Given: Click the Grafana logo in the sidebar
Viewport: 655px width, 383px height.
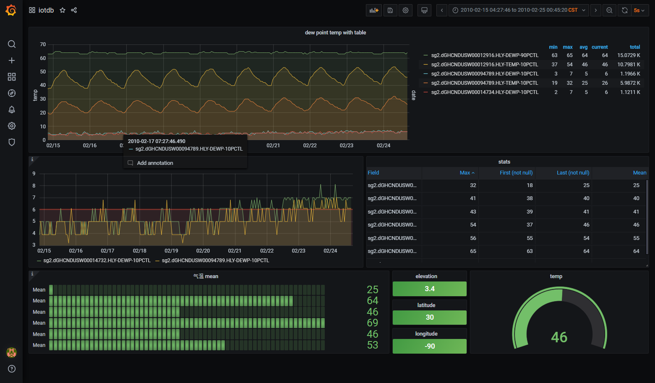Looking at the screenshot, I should coord(11,10).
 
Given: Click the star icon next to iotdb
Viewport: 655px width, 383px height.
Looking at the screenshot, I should coord(63,10).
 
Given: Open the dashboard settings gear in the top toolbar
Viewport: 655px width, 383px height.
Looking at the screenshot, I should coord(405,10).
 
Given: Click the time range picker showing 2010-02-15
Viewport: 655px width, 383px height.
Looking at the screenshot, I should coord(519,10).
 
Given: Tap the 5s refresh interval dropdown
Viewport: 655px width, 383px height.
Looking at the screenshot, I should coord(639,10).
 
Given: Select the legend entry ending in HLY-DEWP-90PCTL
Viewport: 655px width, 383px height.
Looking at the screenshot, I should coord(484,55).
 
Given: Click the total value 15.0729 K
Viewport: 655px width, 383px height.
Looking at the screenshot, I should coord(629,55).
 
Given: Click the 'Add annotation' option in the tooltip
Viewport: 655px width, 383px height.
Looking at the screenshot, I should coord(155,163).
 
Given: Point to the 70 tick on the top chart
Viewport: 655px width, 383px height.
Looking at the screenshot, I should coord(43,44).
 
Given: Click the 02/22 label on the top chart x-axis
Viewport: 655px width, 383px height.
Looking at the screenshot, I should coord(310,146).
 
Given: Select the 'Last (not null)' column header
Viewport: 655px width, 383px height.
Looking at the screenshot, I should coord(573,173).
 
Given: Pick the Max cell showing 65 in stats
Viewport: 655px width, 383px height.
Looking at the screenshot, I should coord(473,251).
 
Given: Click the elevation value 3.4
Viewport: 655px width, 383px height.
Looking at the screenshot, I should coord(429,289).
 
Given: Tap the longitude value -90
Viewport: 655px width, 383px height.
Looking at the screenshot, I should coord(429,347).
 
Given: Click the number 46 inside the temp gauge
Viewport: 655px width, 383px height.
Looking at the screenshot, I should coord(559,337).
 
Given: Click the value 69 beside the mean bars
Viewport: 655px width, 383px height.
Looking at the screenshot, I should coord(372,323).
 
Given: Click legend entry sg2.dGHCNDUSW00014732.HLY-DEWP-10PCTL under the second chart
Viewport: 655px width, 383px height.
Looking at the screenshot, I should coord(97,261).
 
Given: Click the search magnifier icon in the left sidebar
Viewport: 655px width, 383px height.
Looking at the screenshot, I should coord(12,44).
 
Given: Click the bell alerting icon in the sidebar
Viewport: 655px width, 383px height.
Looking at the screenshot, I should coord(12,109).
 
